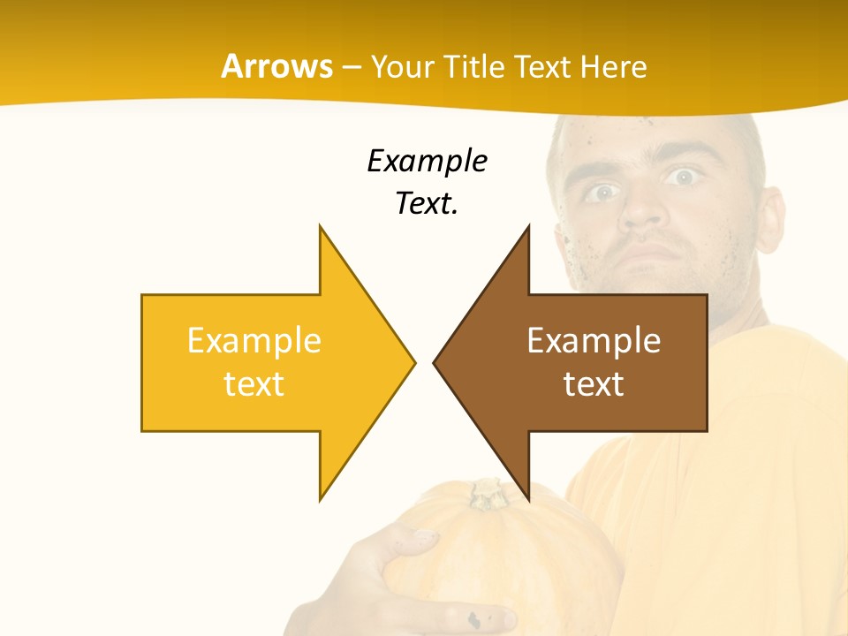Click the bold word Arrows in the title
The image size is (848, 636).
(276, 66)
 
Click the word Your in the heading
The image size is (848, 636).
(402, 67)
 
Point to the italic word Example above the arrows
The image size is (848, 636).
(427, 162)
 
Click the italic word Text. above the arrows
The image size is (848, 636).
(427, 204)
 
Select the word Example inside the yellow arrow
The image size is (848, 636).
(254, 340)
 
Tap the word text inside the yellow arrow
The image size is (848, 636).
(254, 383)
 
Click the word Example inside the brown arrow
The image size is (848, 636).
(594, 340)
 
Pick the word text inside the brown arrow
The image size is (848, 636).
(594, 383)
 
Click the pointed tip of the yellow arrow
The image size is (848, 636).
(413, 361)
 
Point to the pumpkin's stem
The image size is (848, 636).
(488, 493)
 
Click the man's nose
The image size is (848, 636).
(642, 213)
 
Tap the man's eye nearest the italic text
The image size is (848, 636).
(603, 192)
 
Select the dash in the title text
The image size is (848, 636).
(351, 67)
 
